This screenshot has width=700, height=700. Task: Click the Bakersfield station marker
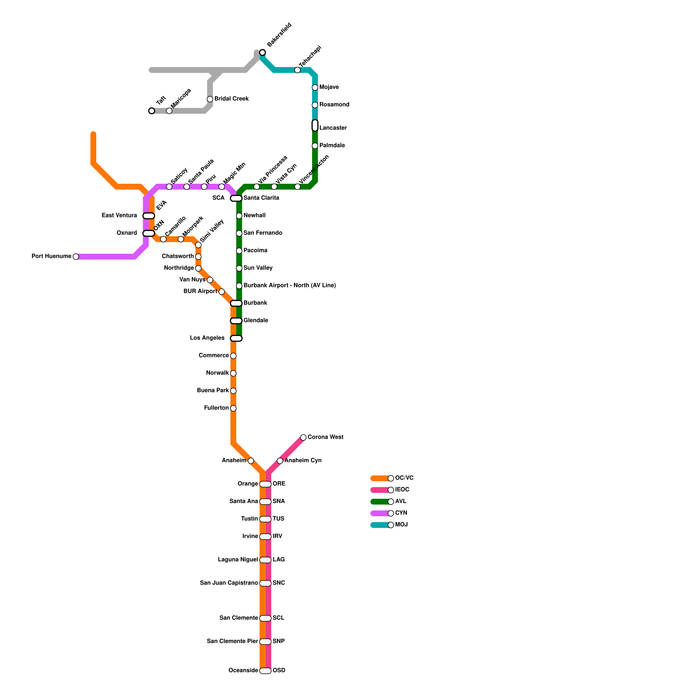[262, 52]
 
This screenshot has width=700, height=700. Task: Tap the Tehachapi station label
[310, 56]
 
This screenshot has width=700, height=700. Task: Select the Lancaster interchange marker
[315, 126]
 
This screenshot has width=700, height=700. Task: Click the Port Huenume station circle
[76, 257]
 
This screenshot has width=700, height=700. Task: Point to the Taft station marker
[152, 111]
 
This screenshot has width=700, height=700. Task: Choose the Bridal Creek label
[231, 99]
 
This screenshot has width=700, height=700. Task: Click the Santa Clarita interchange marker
[236, 199]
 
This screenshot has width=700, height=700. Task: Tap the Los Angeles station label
[207, 338]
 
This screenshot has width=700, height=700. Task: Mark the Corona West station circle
[303, 437]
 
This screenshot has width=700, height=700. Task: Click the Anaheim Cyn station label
[303, 461]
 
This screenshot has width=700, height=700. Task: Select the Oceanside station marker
[266, 671]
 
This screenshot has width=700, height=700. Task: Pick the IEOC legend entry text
[402, 490]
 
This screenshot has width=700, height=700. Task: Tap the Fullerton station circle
[233, 408]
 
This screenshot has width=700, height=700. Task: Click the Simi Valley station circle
[198, 245]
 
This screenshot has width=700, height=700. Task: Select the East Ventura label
[119, 216]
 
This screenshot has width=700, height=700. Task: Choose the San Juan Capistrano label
[229, 583]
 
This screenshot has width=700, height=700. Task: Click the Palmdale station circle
[315, 146]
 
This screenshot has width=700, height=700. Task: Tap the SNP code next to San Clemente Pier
[279, 642]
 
